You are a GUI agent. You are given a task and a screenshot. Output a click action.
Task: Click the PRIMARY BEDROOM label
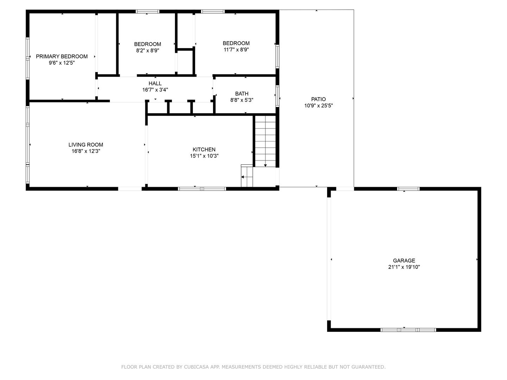(x=62, y=57)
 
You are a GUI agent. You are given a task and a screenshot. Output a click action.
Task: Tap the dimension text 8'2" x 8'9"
(x=148, y=51)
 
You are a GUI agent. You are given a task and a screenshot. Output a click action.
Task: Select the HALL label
(x=155, y=83)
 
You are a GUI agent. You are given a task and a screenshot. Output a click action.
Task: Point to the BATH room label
(x=242, y=94)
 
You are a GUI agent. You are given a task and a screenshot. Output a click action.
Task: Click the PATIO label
(x=319, y=99)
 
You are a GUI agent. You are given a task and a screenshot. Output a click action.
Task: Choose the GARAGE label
(x=404, y=260)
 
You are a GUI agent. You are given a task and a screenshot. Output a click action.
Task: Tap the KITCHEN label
(x=204, y=150)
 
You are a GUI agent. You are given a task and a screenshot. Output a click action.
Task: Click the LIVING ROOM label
(x=86, y=145)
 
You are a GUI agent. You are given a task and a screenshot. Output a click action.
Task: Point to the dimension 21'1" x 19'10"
(x=404, y=267)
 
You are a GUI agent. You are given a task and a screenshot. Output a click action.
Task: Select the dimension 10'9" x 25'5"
(x=319, y=106)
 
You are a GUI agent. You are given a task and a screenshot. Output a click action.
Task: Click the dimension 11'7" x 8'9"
(x=236, y=50)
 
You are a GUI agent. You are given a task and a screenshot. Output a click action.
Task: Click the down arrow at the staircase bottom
(x=265, y=165)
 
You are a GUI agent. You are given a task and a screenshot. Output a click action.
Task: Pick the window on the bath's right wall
(x=277, y=96)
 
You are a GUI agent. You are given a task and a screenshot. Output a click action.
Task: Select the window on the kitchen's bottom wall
(x=202, y=189)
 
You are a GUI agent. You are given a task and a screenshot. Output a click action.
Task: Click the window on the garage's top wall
(x=408, y=189)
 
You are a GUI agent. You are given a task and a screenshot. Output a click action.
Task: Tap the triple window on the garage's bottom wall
(x=408, y=330)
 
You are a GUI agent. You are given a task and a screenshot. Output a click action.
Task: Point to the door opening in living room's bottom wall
(x=130, y=189)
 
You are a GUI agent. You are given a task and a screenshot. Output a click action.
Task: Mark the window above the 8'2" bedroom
(x=148, y=11)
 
